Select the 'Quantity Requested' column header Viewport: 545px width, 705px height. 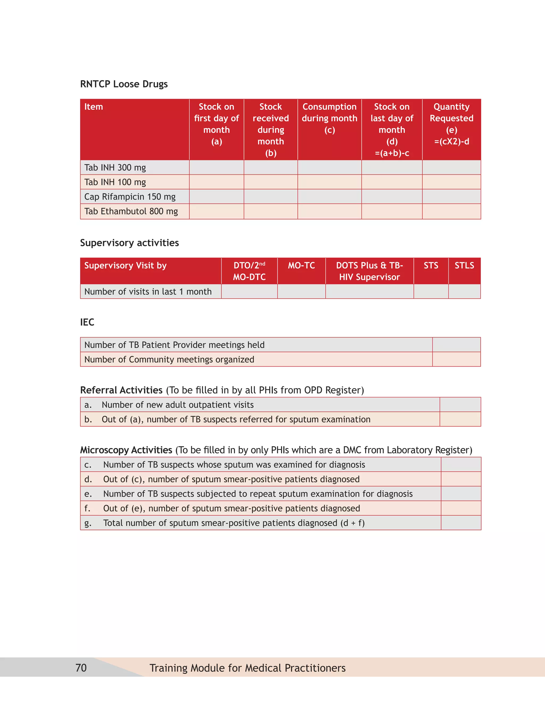[451, 124]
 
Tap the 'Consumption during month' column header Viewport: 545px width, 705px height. [329, 118]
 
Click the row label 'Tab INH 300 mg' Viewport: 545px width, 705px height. [115, 168]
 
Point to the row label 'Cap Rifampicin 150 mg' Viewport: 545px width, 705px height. [130, 197]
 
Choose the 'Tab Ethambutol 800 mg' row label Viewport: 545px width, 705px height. [131, 211]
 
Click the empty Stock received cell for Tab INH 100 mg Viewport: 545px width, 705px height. [271, 182]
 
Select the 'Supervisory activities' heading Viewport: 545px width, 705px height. [129, 243]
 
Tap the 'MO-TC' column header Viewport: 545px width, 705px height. [301, 266]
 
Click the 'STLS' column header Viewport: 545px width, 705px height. [464, 266]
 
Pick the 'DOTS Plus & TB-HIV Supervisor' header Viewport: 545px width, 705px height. [369, 271]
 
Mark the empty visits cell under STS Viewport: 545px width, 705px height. [431, 292]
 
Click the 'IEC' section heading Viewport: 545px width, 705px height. [87, 322]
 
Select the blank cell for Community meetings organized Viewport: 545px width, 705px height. [456, 359]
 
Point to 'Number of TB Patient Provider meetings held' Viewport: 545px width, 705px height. [174, 345]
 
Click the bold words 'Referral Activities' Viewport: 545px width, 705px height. [121, 390]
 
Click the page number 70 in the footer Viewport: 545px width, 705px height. [81, 668]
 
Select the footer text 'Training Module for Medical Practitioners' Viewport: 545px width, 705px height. [247, 668]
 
